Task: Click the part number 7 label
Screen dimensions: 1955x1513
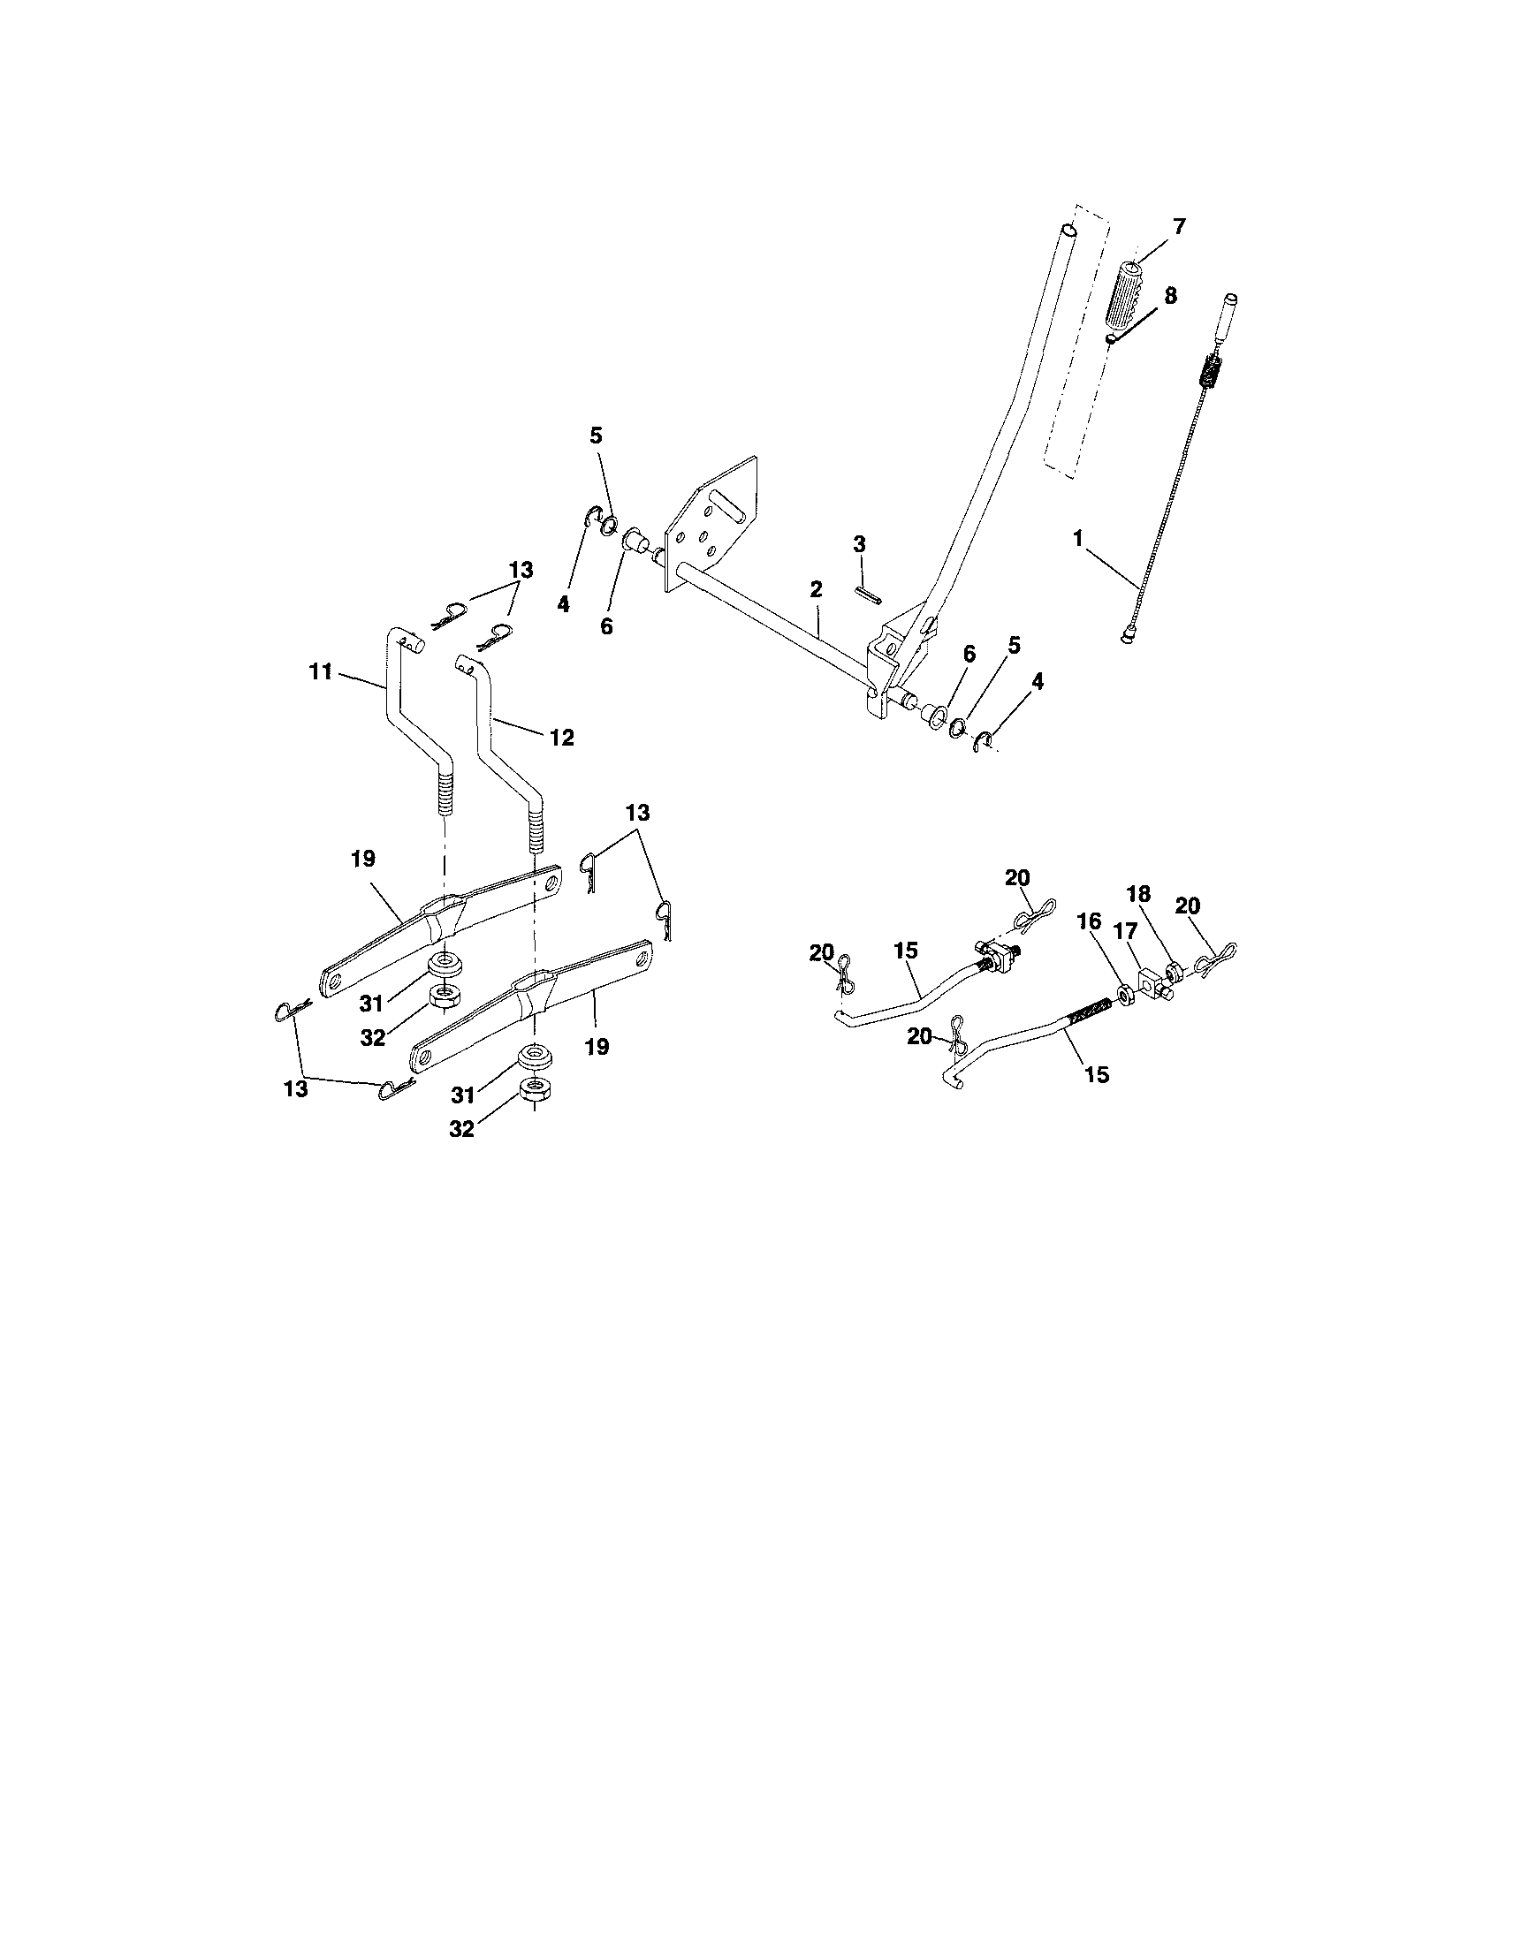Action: coord(1178,227)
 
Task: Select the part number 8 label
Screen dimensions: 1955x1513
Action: coord(1170,296)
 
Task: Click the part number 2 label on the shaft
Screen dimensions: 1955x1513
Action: coord(816,589)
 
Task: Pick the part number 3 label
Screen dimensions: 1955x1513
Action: coord(859,543)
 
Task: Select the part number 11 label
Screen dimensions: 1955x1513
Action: coord(321,671)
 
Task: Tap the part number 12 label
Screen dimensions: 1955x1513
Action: coord(561,738)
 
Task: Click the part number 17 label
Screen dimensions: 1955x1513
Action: coord(1124,933)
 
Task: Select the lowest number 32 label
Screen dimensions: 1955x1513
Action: coord(461,1130)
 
